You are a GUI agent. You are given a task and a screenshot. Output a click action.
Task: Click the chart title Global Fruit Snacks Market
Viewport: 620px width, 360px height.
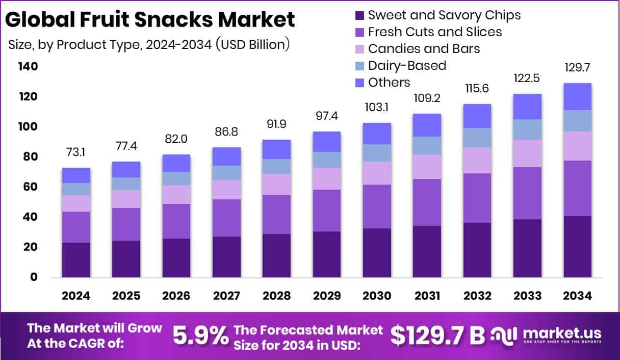150,19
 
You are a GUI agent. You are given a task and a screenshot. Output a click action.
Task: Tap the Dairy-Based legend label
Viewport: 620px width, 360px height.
407,65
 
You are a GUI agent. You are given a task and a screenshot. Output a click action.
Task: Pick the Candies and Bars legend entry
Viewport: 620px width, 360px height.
424,48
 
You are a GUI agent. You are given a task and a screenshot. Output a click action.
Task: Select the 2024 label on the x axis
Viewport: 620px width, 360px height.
76,296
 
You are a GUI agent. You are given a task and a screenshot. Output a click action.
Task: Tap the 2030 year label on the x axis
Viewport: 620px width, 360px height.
377,296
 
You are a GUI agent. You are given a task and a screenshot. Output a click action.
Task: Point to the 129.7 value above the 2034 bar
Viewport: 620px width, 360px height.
577,68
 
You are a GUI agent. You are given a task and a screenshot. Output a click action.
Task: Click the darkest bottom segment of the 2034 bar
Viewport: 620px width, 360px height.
577,247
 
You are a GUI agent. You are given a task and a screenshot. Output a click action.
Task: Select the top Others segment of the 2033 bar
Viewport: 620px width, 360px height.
527,107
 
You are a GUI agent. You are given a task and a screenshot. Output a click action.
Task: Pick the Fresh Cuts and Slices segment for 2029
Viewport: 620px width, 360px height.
327,211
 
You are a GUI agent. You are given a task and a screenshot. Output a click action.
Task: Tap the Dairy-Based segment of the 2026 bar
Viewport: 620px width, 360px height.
176,178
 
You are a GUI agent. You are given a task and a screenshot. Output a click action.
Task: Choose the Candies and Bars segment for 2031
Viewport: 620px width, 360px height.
427,167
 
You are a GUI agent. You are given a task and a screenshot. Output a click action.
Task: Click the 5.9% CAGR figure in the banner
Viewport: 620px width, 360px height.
200,335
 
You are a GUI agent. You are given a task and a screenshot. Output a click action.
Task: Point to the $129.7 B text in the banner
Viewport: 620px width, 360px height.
437,335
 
